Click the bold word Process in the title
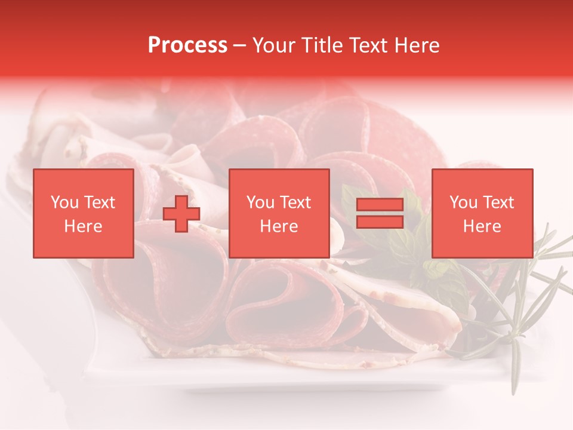coord(187,45)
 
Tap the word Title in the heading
coord(321,45)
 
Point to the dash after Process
coord(240,46)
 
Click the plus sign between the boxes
coord(181,214)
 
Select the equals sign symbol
coord(380,214)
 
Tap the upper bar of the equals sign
coord(380,205)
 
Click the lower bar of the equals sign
coord(380,222)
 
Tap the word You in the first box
coord(64,202)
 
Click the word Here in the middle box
coord(279,226)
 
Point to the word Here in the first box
coord(84,226)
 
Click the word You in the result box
coord(463,202)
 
